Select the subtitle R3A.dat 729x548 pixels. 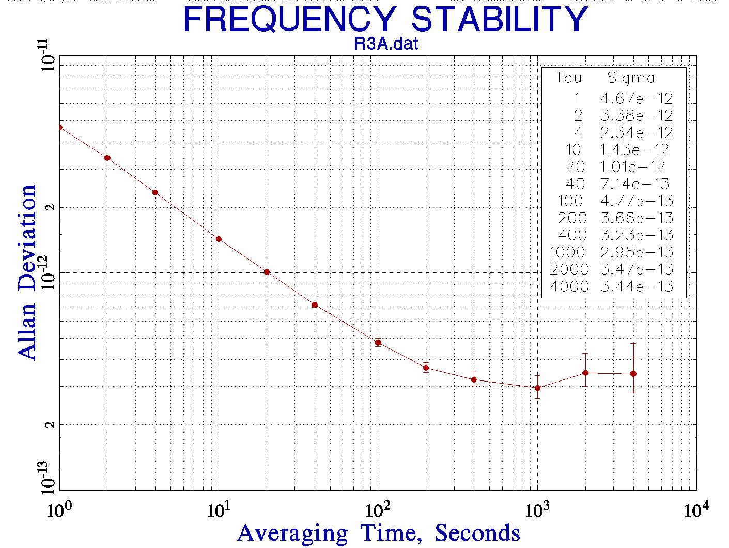[385, 44]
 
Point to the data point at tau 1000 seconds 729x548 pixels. [537, 388]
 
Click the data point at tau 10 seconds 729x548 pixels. [219, 239]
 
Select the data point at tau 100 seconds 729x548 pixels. [378, 343]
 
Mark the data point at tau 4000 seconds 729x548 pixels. [633, 374]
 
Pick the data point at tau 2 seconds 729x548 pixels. [107, 158]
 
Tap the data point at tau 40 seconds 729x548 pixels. [314, 305]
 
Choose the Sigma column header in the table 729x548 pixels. [631, 78]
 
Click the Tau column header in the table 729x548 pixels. [568, 78]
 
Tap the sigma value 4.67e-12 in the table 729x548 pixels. [637, 98]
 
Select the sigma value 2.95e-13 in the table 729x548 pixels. [637, 252]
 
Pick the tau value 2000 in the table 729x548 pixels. [569, 269]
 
